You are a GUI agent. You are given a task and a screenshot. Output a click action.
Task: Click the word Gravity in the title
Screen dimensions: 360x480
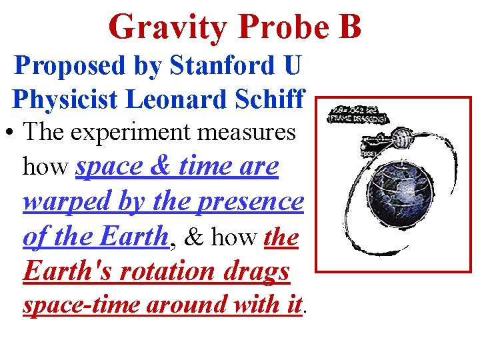tap(167, 27)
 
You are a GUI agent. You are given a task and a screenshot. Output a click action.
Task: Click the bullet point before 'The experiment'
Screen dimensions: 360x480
tap(13, 132)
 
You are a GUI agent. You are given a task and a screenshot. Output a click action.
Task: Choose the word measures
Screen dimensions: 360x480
tap(253, 132)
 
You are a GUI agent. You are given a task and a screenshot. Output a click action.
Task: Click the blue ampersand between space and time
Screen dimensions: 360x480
tap(164, 166)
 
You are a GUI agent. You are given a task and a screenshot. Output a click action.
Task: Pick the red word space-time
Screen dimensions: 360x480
tap(80, 305)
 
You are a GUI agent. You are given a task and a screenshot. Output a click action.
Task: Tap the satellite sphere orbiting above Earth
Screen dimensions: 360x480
tap(403, 140)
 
